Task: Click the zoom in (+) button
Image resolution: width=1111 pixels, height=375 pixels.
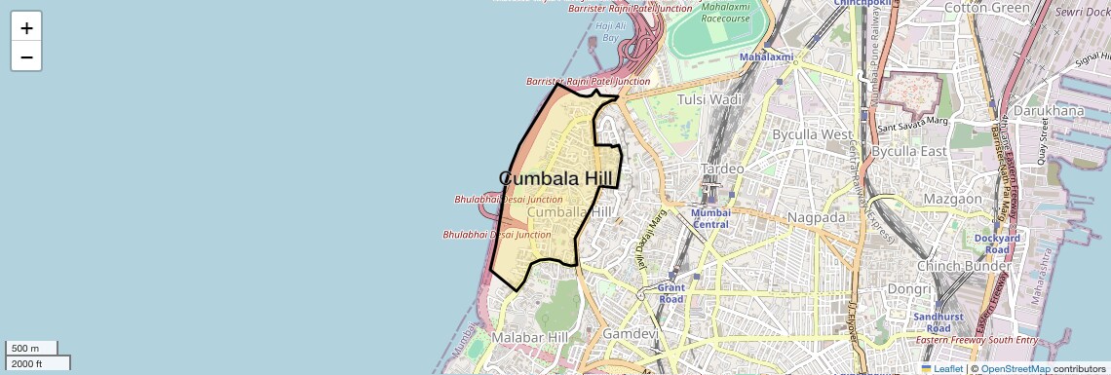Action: pos(26,28)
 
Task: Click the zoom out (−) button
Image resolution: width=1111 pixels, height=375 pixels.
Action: pos(26,56)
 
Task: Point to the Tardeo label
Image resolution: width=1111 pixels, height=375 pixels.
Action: pos(723,169)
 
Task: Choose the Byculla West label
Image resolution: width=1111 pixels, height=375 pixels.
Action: pos(811,133)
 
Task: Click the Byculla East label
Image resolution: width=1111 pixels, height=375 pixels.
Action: pos(908,151)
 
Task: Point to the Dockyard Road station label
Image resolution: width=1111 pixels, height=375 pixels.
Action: pos(996,243)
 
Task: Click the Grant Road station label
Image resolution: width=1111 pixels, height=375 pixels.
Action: pos(671,293)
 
